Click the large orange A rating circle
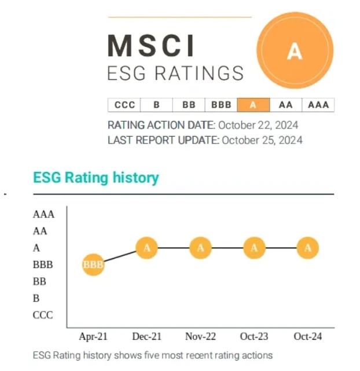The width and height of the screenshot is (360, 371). tap(295, 50)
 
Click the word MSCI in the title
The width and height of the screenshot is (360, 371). tap(152, 46)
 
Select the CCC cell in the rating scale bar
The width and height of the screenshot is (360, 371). tap(124, 105)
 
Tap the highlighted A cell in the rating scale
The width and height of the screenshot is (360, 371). tap(254, 105)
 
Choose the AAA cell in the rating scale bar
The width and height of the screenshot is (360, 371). tap(318, 105)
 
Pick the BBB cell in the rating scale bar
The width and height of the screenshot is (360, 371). tap(221, 105)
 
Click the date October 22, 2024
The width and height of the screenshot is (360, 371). tap(258, 124)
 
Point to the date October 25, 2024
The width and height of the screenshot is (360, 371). tap(262, 139)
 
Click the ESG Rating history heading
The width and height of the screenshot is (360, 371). tap(96, 177)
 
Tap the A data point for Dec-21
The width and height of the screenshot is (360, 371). tap(147, 248)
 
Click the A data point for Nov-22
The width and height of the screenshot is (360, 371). tap(200, 248)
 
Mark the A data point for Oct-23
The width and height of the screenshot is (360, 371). tap(254, 248)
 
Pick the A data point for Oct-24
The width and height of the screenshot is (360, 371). tap(308, 248)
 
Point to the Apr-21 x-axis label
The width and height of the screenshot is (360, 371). tap(93, 336)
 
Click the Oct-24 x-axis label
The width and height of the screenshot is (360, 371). tap(308, 336)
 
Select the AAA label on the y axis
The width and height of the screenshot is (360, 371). tap(43, 215)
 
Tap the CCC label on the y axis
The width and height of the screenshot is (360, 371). tap(43, 315)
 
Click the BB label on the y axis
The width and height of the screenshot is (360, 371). tap(39, 282)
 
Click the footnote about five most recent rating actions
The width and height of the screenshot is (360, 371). tap(152, 354)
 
